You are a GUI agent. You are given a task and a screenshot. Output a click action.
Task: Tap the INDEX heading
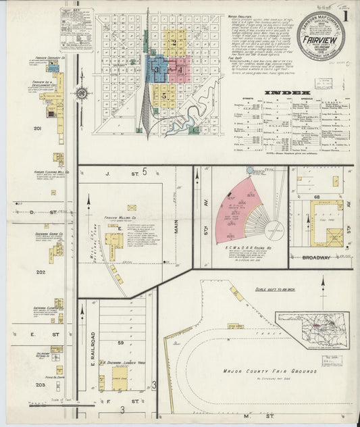[288, 93]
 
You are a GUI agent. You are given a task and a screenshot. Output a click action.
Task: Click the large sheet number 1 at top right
[345, 15]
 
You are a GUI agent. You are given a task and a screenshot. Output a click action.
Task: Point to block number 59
[118, 344]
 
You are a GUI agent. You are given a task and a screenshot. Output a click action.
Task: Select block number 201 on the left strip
[38, 128]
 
